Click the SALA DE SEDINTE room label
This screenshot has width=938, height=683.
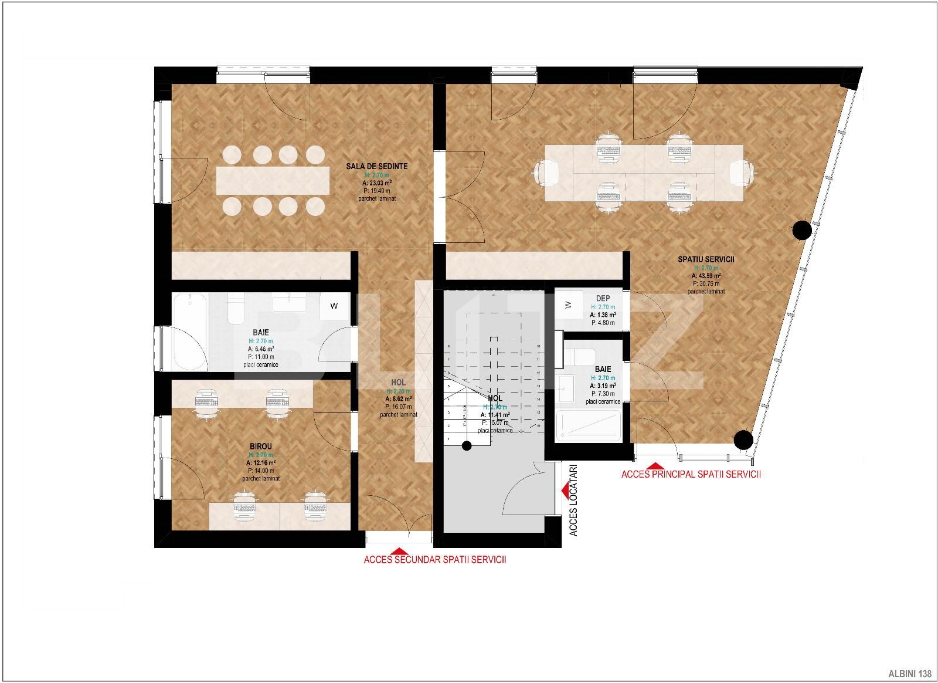pos(376,166)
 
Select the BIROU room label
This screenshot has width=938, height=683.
pos(260,447)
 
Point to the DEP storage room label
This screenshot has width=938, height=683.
pos(603,299)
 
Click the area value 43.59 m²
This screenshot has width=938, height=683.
pos(706,275)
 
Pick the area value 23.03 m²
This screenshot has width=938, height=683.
pos(376,182)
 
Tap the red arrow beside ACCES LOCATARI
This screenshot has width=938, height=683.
pos(566,489)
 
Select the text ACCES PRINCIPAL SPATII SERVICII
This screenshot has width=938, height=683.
pos(691,474)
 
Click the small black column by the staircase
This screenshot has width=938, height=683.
pos(466,446)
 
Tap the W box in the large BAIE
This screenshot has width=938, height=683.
pos(334,306)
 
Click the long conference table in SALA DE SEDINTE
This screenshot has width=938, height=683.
pos(273,180)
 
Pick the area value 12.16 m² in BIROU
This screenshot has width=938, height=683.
pos(260,462)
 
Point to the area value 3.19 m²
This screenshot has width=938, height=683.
pos(603,386)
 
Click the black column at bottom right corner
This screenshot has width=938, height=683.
pos(743,439)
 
